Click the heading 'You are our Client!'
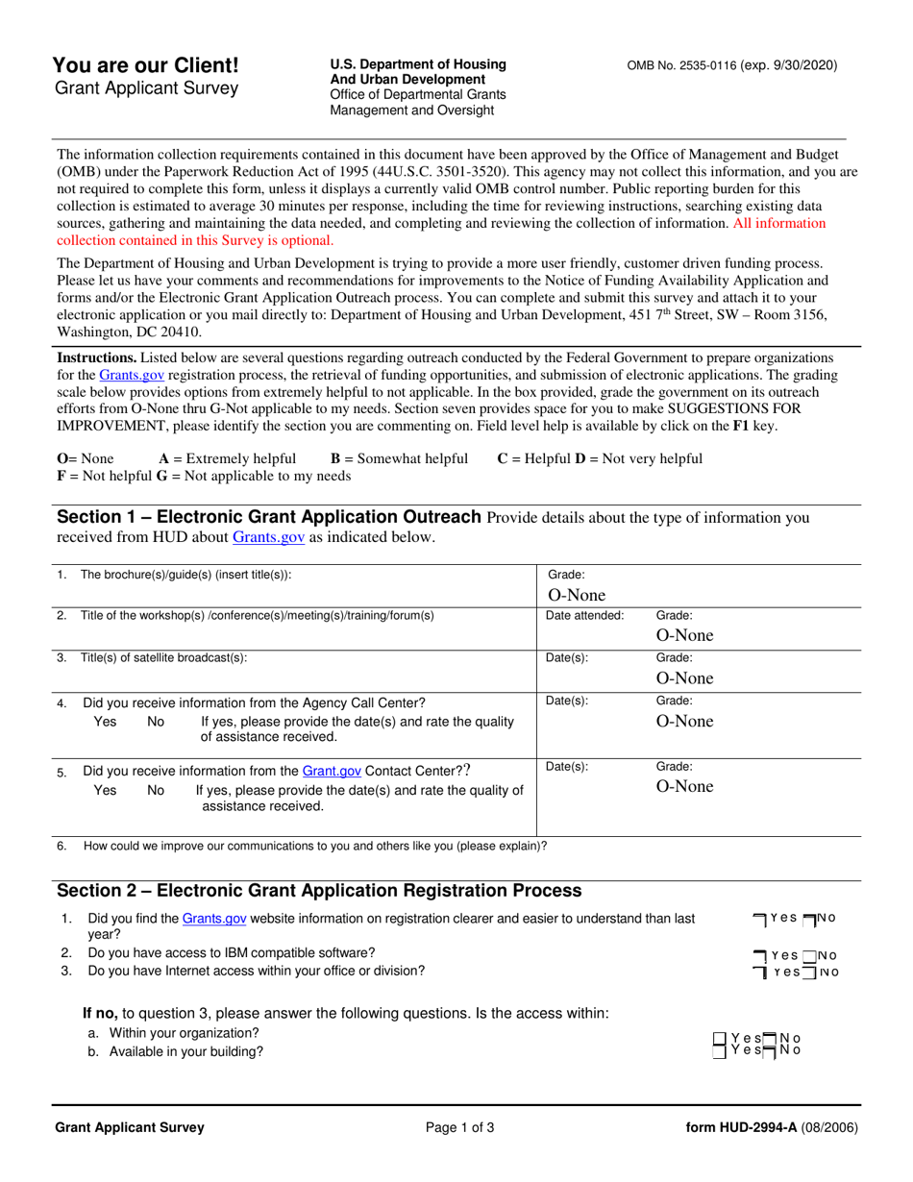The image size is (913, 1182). (146, 65)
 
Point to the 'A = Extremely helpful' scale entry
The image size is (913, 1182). (228, 458)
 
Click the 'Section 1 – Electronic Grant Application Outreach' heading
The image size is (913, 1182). (270, 518)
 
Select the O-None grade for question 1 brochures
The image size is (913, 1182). (576, 595)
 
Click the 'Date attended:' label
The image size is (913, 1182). (584, 615)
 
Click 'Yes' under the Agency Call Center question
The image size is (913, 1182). (105, 721)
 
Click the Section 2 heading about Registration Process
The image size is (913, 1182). (319, 890)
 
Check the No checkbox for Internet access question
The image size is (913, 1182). (808, 973)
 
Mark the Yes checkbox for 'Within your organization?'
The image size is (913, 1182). (720, 1038)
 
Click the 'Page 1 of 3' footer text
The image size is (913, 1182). (459, 1128)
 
